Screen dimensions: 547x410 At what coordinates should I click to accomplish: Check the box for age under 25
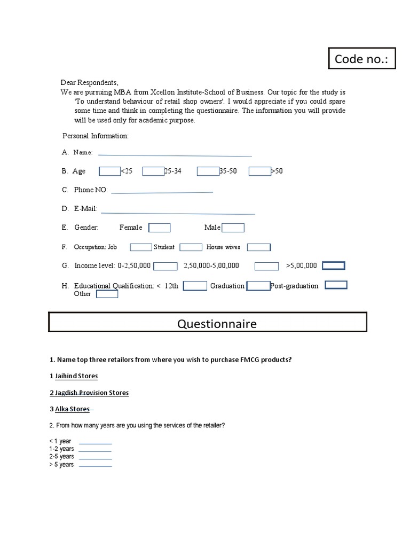tap(110, 171)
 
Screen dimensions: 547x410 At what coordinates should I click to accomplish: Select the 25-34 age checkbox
tap(153, 171)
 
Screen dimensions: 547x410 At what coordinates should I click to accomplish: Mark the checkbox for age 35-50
tap(208, 171)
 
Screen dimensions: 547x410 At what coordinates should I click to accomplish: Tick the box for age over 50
tap(260, 171)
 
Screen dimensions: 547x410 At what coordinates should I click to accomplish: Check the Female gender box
tap(159, 228)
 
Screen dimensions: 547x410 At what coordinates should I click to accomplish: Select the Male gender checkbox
tap(233, 228)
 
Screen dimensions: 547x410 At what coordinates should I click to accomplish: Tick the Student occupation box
tap(191, 247)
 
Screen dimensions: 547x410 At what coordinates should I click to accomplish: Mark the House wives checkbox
tap(259, 247)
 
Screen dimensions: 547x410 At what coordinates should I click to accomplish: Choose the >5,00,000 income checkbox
tap(334, 265)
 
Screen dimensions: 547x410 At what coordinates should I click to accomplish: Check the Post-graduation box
tap(336, 285)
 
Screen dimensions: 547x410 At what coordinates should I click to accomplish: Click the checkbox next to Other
tap(107, 294)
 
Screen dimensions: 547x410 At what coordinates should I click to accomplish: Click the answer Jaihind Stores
tap(76, 376)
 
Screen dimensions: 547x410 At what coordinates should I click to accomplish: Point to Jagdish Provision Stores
tap(91, 393)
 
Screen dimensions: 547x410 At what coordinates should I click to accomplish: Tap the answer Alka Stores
tap(73, 409)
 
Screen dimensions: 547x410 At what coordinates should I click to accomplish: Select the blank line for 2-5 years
tap(96, 457)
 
